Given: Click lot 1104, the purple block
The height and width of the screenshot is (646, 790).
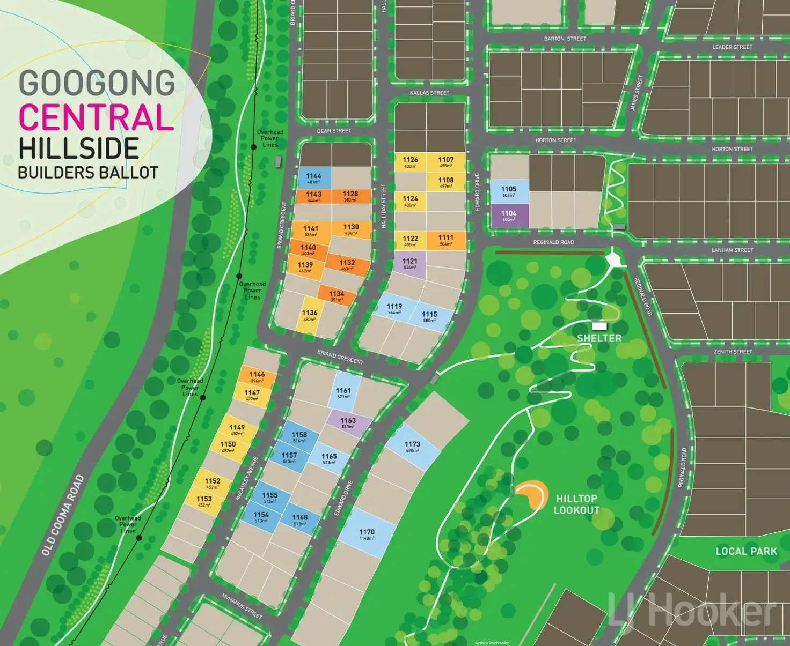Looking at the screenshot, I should (x=509, y=216).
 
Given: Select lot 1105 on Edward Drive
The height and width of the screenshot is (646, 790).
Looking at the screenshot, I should (x=509, y=191).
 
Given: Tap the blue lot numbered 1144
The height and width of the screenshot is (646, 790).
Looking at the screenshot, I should (x=313, y=178).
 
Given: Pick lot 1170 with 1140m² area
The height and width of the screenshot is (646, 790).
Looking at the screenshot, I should (x=367, y=534).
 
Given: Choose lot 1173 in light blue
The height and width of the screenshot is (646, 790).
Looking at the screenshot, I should (x=412, y=447).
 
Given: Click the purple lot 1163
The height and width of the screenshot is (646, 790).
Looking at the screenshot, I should (x=348, y=423).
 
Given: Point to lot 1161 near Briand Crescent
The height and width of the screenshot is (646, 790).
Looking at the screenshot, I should (x=343, y=393).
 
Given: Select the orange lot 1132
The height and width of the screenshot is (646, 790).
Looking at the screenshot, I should (x=347, y=265).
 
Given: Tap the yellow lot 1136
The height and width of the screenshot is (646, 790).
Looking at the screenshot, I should (x=310, y=315).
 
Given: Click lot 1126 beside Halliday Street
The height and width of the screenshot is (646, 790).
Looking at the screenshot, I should (x=411, y=162).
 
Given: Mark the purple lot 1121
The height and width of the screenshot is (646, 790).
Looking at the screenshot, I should (x=410, y=264).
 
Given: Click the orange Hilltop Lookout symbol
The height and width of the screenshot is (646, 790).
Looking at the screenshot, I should (x=532, y=495).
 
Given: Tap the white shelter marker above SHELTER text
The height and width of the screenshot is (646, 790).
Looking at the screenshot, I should (x=599, y=326).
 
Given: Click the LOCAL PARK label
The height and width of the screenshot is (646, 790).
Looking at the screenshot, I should (x=746, y=551).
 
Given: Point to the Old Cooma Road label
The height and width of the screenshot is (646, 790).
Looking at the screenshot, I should (x=63, y=515).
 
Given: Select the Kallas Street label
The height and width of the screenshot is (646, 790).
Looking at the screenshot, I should (x=429, y=93).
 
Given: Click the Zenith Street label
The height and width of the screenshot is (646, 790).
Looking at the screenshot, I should (x=733, y=352).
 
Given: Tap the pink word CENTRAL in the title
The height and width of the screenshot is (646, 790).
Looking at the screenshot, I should (x=97, y=117).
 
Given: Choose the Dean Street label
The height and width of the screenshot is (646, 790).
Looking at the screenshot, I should (x=334, y=131).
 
